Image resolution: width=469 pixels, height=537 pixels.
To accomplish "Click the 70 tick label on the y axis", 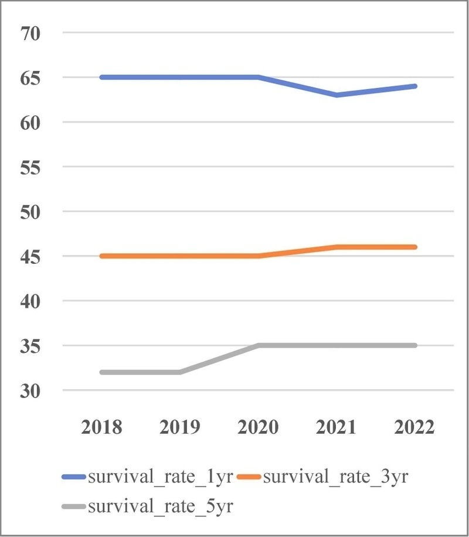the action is pos(30,33).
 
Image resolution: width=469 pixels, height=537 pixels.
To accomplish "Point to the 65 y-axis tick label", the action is pos(30,79).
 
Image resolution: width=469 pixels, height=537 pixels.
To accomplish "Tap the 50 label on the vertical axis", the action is pos(30,212).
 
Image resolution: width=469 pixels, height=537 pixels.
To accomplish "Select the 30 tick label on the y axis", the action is pos(30,391).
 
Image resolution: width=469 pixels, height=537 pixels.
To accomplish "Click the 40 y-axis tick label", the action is pos(30,302).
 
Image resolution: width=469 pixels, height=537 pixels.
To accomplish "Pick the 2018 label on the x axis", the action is pos(101,427).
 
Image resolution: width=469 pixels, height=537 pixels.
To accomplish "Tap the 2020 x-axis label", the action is pos(258,427).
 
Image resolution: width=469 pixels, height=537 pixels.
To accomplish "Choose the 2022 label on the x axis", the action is pos(414,427).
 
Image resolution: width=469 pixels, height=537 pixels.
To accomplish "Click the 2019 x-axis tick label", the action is pos(180,427).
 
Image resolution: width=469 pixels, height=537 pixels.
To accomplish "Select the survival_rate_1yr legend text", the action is pos(161,477).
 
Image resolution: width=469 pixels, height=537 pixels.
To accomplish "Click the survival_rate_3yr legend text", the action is pos(336,477).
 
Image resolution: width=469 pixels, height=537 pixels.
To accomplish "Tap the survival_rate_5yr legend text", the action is pos(161,507).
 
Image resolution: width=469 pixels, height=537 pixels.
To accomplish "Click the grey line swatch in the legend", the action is pos(74,506).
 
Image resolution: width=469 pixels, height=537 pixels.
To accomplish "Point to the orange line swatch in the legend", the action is pos(249,477).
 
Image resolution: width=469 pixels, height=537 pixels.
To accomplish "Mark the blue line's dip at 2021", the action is pos(337,95).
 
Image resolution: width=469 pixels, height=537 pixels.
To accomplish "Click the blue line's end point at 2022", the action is pos(415,86).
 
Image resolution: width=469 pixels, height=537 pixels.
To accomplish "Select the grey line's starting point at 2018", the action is pos(102,372).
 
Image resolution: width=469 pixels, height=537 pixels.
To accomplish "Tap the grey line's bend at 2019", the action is pos(180,372).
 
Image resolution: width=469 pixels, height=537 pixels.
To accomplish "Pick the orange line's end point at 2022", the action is pos(415,247).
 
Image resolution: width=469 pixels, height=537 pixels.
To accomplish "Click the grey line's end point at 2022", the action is pos(415,345).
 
